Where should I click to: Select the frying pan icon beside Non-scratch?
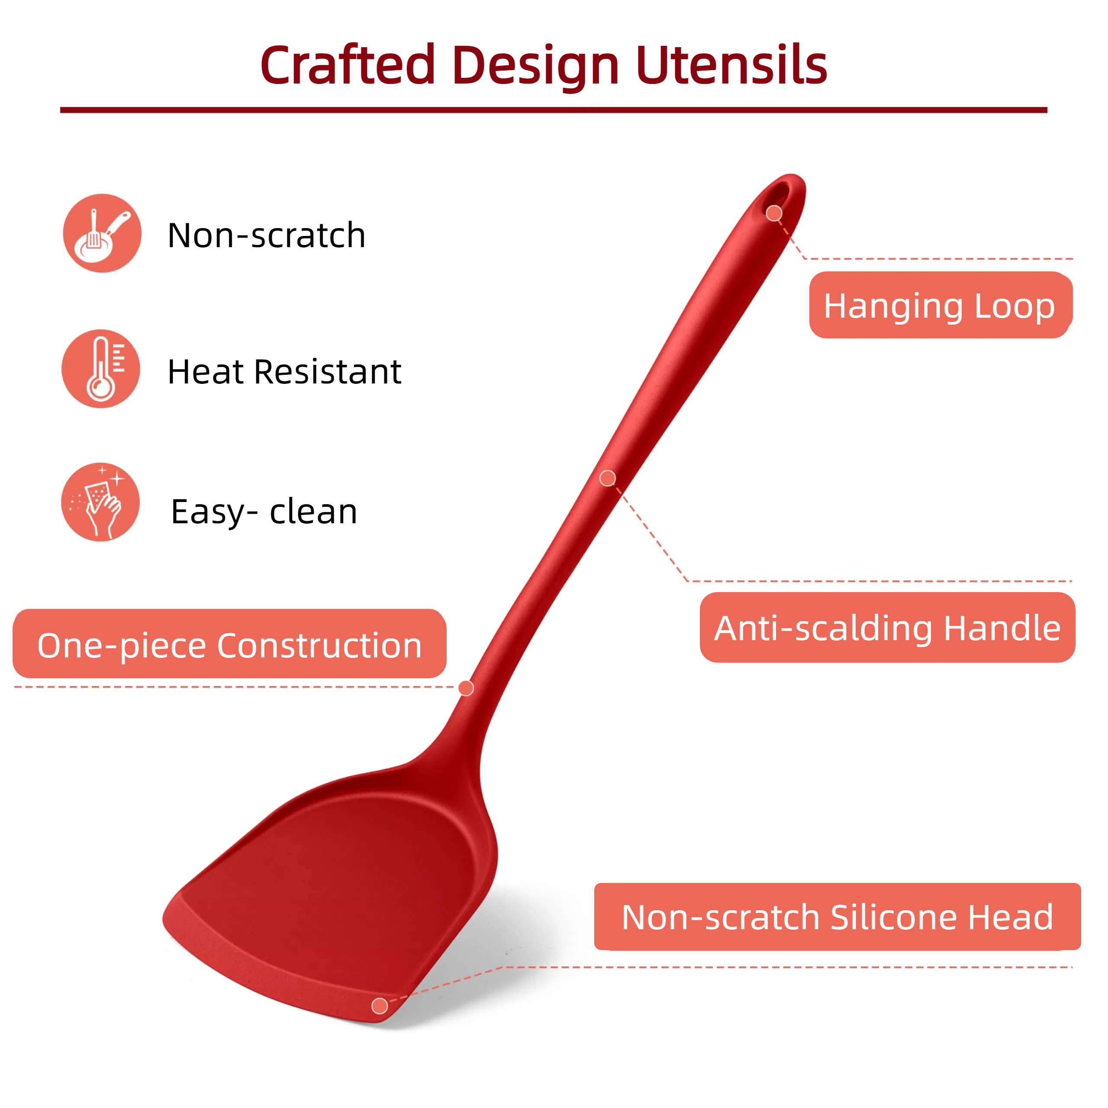pos(102,233)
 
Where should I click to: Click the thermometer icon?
pos(101,369)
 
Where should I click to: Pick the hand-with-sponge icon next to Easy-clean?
pos(100,502)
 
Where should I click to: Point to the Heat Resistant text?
pos(284,372)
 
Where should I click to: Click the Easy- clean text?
pos(264,512)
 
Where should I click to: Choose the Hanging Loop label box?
pos(941,305)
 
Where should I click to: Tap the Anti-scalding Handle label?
pos(887,628)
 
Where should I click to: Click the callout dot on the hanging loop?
pos(774,213)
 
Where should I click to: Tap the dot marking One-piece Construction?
pos(466,688)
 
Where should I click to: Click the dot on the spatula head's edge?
pos(380,1006)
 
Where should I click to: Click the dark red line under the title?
pos(554,110)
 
